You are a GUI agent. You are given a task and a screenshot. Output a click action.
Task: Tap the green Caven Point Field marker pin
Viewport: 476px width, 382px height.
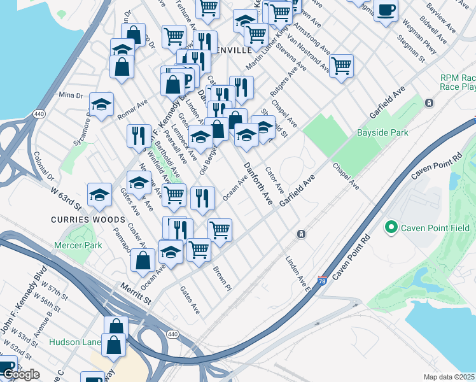tap(391, 227)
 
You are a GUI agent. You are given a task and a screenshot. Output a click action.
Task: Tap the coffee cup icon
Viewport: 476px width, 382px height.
tap(385, 11)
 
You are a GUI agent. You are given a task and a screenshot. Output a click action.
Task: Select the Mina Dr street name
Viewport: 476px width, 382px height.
tap(71, 95)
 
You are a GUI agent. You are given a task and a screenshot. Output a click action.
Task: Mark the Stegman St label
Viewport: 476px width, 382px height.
tap(411, 49)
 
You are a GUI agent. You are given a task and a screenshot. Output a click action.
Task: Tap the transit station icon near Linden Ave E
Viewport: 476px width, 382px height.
tap(301, 234)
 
